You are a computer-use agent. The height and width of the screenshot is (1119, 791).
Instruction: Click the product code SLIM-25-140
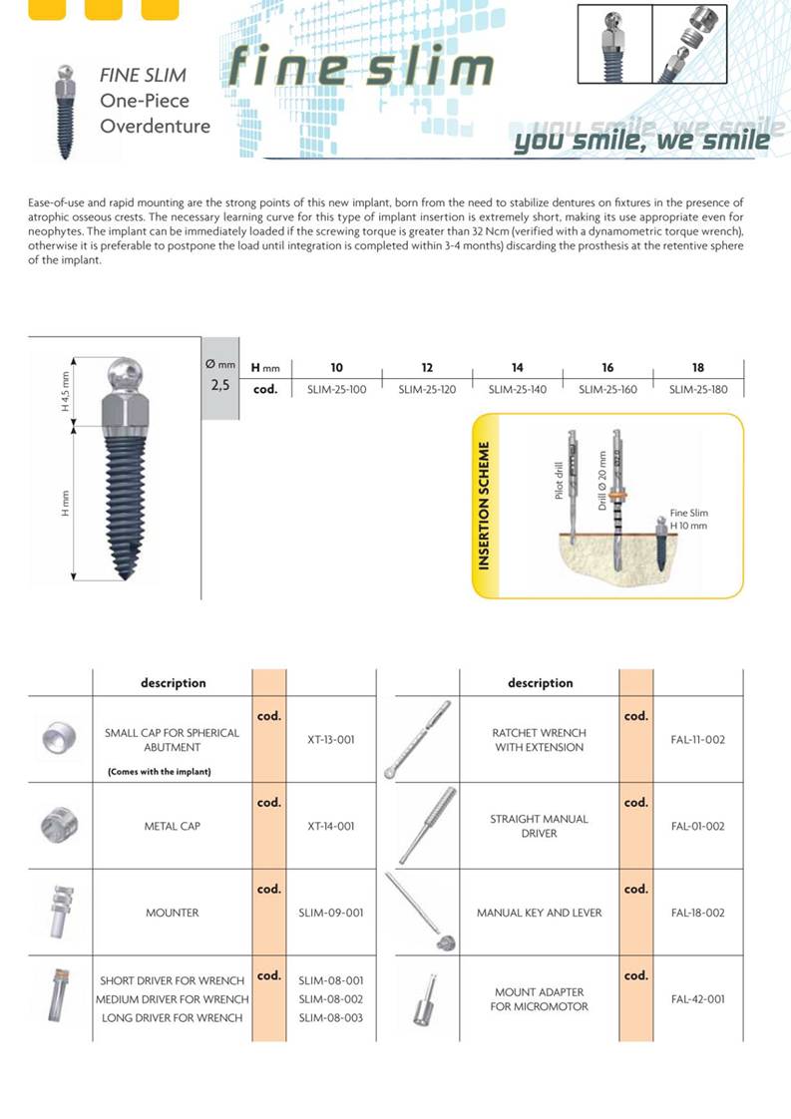coord(517,389)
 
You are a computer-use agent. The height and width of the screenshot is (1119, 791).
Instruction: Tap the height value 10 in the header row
coord(336,368)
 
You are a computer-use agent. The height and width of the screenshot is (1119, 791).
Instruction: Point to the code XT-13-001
coord(331,740)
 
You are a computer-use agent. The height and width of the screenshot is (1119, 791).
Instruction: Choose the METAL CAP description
coord(173,826)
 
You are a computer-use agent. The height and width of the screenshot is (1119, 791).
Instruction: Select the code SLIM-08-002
coord(331,999)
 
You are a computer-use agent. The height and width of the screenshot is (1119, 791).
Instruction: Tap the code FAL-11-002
coord(698,740)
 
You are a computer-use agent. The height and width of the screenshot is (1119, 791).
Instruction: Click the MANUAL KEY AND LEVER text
coord(539,913)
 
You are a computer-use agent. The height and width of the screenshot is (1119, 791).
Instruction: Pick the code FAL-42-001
coord(698,998)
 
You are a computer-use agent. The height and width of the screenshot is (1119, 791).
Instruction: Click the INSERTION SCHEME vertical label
coord(484,506)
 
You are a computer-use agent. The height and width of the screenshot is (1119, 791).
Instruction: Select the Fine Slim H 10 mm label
coord(688,520)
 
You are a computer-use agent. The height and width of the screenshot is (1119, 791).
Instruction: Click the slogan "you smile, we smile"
coord(641,141)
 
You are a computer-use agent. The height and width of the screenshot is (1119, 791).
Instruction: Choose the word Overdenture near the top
coord(155,127)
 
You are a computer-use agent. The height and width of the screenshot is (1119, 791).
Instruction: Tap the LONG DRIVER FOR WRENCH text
coord(173,1017)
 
